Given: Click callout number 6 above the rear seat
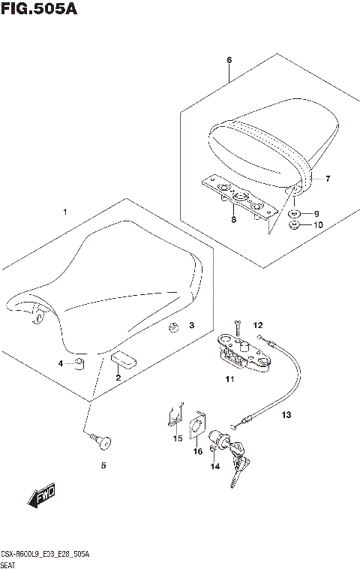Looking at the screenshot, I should coord(229,59).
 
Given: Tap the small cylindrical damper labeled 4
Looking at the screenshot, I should coord(78,365).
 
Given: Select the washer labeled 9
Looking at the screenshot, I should coord(295,214).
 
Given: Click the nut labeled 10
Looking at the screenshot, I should coord(295,224).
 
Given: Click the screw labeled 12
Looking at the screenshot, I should coord(237,327).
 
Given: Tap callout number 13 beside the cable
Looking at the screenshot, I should coord(286,414).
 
